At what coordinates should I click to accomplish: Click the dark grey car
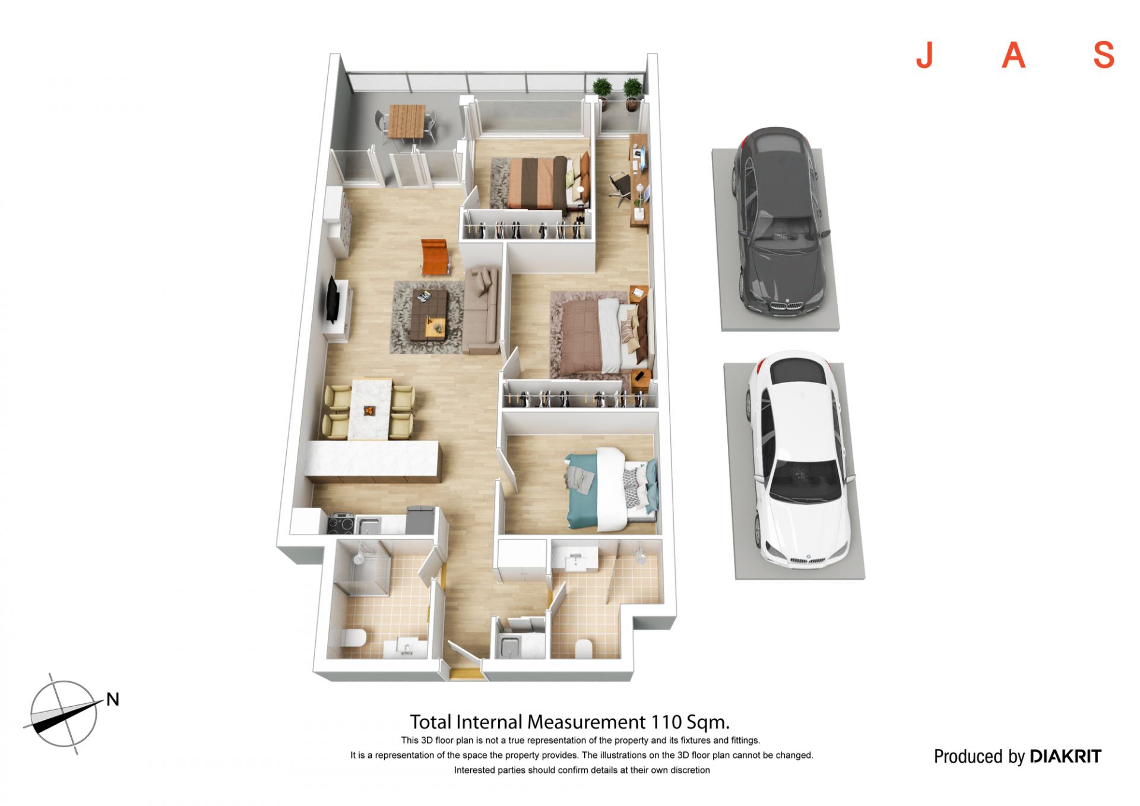tap(779, 221)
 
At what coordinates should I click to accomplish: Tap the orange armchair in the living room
tap(434, 256)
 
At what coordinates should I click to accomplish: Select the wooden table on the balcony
tap(407, 121)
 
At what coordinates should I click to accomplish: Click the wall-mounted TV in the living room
tap(332, 300)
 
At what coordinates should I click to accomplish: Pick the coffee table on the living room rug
tap(429, 314)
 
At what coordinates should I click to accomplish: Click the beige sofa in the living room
tap(482, 310)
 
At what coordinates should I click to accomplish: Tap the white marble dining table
tap(370, 409)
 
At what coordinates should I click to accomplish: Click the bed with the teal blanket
tap(612, 488)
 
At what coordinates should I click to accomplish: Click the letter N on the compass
tap(113, 699)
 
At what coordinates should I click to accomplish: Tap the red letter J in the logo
tap(924, 55)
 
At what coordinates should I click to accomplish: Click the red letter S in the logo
tap(1104, 55)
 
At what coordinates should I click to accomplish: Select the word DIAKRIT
tap(1065, 756)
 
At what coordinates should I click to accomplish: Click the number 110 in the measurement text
tap(666, 722)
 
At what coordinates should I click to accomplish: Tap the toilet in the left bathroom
tap(353, 638)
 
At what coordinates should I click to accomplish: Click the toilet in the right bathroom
tap(584, 649)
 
